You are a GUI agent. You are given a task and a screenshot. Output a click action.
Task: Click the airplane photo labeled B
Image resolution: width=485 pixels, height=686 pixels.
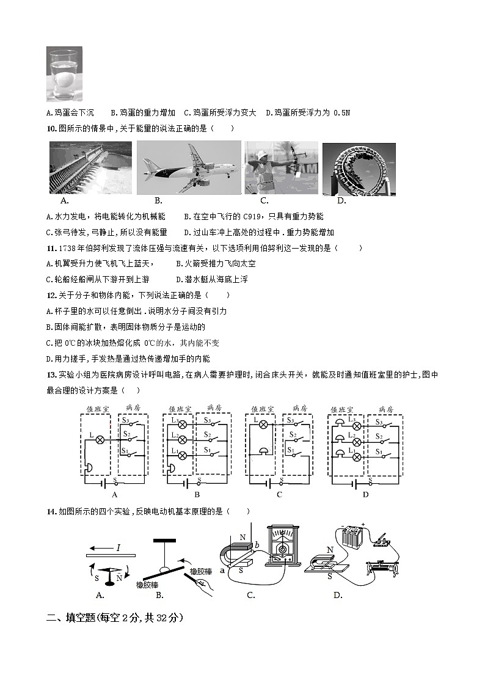click(x=188, y=167)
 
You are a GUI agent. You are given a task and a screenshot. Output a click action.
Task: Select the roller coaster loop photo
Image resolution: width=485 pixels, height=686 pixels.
click(x=359, y=168)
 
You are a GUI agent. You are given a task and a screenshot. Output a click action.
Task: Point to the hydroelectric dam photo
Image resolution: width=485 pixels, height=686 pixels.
click(x=90, y=167)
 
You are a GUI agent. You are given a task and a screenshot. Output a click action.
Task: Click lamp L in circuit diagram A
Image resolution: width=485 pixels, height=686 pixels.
click(x=98, y=439)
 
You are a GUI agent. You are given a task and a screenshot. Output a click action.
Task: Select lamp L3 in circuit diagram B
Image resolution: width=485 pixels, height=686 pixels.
click(x=181, y=421)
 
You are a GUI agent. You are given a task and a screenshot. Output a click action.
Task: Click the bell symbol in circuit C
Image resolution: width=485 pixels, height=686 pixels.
click(x=263, y=450)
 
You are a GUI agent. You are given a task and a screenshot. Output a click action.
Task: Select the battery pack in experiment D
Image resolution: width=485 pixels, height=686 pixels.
click(x=352, y=539)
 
